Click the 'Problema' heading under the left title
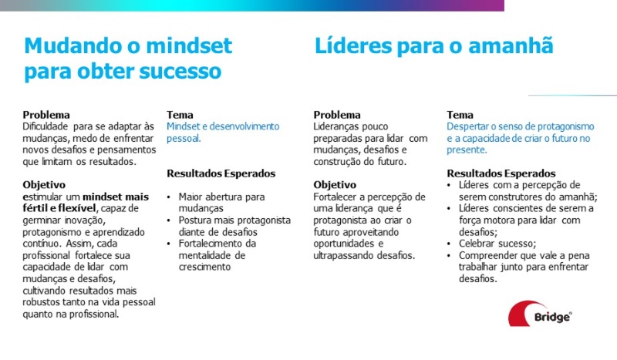click(x=46, y=115)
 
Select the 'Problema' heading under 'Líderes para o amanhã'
click(x=337, y=115)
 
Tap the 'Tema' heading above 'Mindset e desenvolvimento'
click(x=180, y=115)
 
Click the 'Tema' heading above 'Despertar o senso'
click(x=460, y=115)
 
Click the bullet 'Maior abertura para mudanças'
click(x=221, y=202)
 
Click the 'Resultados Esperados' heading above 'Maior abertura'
click(x=221, y=173)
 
